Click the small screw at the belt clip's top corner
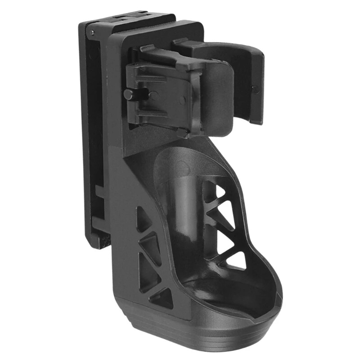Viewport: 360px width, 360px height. point(92,32)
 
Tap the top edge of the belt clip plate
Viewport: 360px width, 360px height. point(126,20)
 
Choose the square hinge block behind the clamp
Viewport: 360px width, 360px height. point(155,94)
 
